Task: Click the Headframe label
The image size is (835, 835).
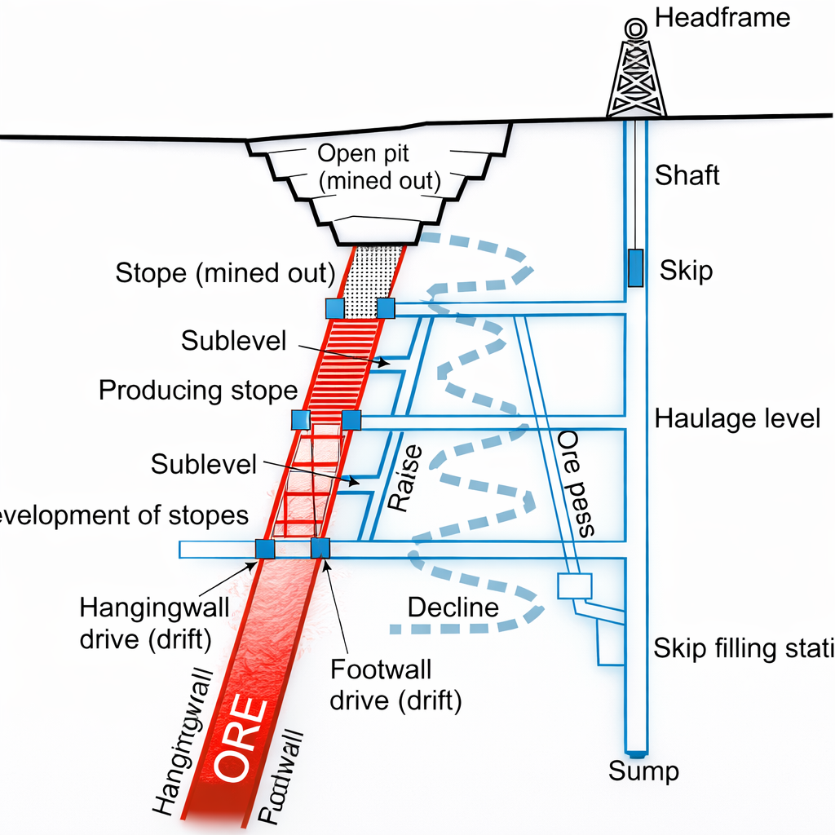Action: [x=722, y=18]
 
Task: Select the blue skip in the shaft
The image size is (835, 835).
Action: [x=635, y=268]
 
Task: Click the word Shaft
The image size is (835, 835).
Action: [x=687, y=175]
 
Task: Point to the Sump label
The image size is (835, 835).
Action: [x=644, y=771]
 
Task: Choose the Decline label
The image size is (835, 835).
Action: [x=453, y=607]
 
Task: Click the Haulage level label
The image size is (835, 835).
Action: [x=737, y=419]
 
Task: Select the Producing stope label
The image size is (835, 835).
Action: [x=197, y=391]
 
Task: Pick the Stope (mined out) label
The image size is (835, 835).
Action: [x=225, y=272]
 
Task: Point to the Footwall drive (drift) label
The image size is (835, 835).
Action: [x=395, y=685]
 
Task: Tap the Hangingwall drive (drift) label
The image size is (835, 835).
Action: [x=145, y=623]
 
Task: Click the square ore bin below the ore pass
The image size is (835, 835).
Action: [x=573, y=586]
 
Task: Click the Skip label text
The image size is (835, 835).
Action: [x=686, y=270]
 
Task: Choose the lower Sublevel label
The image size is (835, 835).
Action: [x=204, y=465]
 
